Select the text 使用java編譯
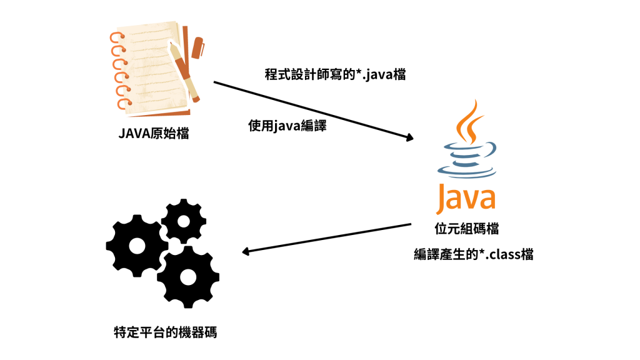(287, 126)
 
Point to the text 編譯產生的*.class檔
(473, 254)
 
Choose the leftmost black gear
(135, 245)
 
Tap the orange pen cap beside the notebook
(199, 47)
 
